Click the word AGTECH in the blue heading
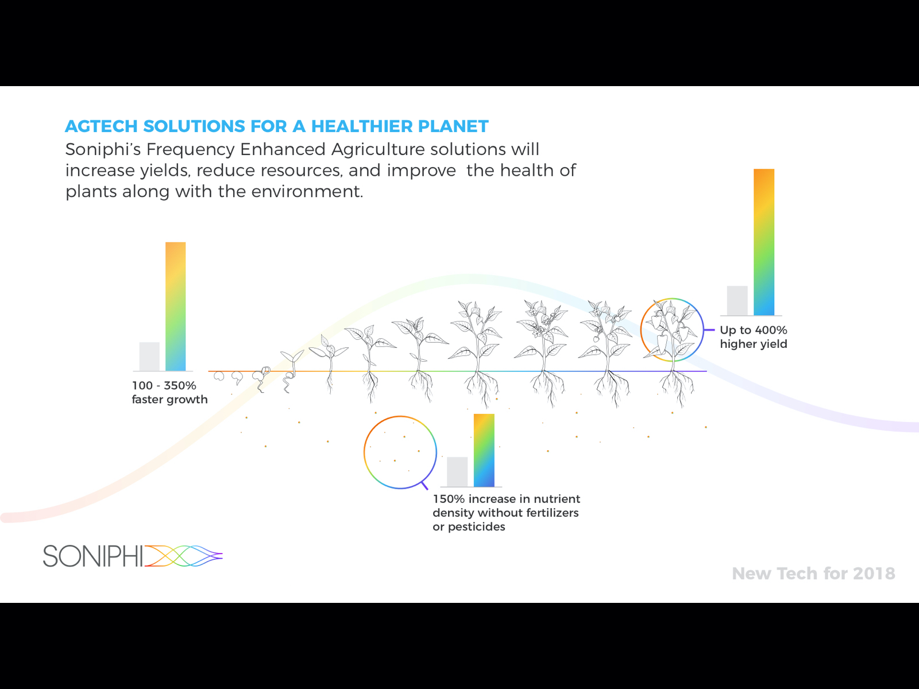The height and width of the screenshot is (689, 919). click(x=101, y=126)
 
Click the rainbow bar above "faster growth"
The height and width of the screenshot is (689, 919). click(x=175, y=306)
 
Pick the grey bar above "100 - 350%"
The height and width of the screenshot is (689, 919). click(x=149, y=357)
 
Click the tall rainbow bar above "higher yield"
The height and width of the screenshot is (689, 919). click(x=764, y=242)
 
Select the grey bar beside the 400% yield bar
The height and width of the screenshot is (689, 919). click(x=737, y=300)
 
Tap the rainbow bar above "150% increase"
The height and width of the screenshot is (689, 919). click(x=484, y=450)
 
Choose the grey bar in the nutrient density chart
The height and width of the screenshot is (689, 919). click(x=457, y=472)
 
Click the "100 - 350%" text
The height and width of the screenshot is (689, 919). click(x=164, y=385)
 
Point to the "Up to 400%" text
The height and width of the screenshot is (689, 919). click(x=754, y=330)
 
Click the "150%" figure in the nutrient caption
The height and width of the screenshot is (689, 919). click(x=449, y=499)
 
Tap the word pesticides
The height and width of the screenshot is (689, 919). click(x=477, y=527)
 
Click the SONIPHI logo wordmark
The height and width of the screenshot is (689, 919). click(x=93, y=556)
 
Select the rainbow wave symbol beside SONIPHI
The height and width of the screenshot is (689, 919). click(x=183, y=556)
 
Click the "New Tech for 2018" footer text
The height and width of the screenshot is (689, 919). click(x=813, y=574)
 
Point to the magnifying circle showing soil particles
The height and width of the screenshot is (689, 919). click(x=364, y=452)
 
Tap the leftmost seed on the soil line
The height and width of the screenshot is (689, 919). click(x=219, y=376)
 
